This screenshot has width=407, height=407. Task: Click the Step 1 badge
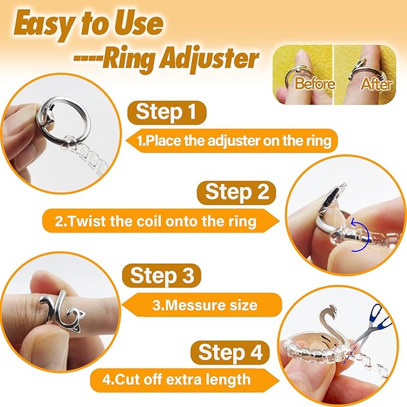[167, 113]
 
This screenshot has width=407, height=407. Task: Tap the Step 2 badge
[236, 192]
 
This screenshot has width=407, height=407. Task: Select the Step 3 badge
[162, 276]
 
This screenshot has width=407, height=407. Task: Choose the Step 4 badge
[230, 352]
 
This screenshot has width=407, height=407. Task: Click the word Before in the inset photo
[315, 83]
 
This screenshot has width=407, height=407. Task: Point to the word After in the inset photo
[376, 84]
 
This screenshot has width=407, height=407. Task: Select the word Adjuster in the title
[209, 59]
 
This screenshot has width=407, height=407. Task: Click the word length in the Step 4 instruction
[228, 379]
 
